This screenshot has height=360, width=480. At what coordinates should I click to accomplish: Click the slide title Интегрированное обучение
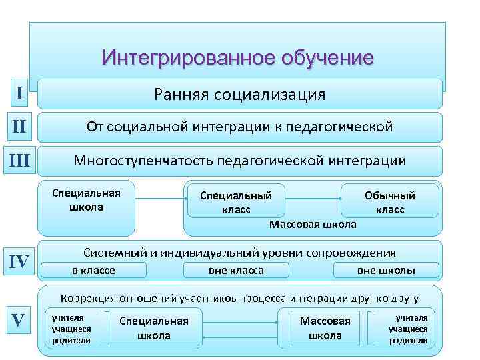tap(238, 58)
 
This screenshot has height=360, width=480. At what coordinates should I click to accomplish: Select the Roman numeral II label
tap(21, 127)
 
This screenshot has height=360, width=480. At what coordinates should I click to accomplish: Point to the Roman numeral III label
tap(21, 161)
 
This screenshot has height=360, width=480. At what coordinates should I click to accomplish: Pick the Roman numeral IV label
tap(21, 261)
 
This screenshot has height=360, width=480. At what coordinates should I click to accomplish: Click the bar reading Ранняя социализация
tap(239, 94)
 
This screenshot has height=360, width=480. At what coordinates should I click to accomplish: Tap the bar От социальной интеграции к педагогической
tap(239, 127)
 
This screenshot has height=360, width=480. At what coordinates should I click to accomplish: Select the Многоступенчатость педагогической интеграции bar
tap(239, 161)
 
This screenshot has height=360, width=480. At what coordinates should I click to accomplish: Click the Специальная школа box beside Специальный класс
tap(87, 200)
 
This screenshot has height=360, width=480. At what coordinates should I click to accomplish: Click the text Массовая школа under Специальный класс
tap(313, 225)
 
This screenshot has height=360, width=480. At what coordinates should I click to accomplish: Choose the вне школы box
tap(387, 271)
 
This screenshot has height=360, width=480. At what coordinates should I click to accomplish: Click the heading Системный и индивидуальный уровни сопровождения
tap(239, 253)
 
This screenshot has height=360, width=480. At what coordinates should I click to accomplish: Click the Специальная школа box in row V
tap(154, 328)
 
